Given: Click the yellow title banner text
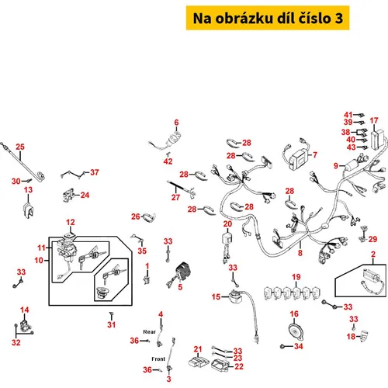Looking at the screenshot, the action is click(268, 18).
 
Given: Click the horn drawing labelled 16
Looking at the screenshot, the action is click(296, 331).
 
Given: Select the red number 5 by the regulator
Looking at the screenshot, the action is click(180, 287).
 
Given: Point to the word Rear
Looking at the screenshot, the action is click(149, 331).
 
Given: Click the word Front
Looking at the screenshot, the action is click(158, 359).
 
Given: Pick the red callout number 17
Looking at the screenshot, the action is click(374, 120).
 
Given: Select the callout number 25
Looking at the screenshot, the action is click(20, 147).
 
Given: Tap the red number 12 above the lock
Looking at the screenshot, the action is click(70, 223).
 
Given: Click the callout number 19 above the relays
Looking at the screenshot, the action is click(296, 277).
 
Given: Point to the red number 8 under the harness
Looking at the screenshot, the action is click(300, 253).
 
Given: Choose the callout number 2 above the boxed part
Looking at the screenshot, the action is click(373, 255).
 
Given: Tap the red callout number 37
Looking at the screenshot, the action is click(95, 172).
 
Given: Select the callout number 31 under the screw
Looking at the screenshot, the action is click(111, 324).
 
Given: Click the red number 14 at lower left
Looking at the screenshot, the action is click(24, 310).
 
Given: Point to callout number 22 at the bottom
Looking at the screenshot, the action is click(239, 366).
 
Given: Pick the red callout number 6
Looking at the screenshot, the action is click(176, 123).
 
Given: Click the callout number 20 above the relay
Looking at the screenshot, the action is click(227, 224).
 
